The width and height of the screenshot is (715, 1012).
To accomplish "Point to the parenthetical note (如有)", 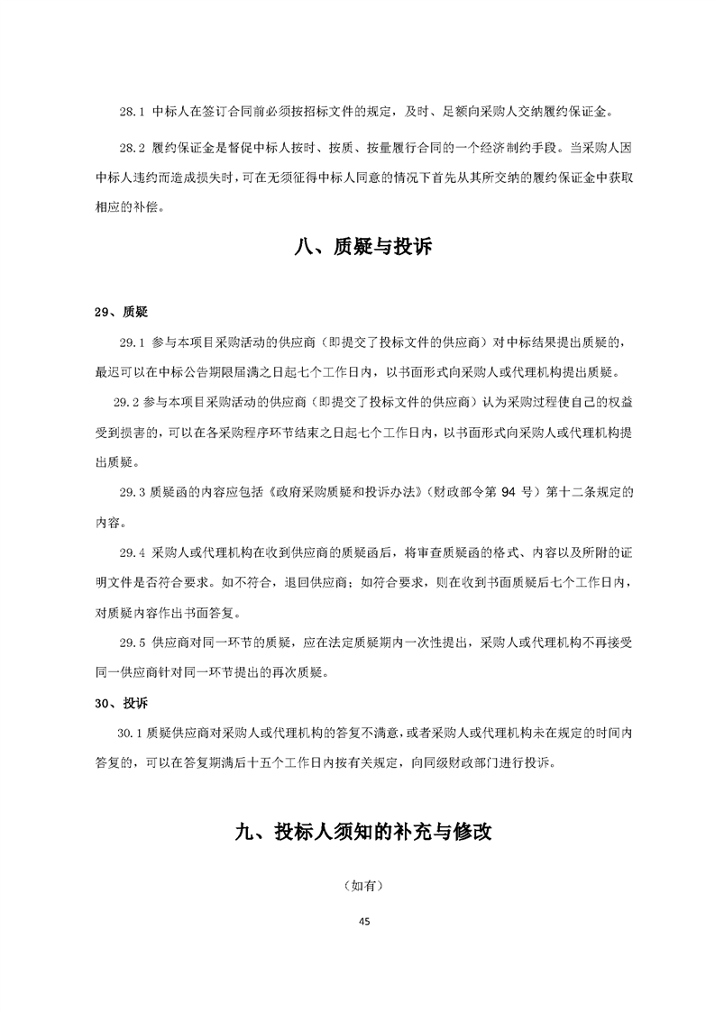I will pos(363,887).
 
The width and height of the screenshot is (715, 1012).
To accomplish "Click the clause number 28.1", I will pos(132,113).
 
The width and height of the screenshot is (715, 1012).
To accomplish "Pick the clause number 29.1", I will pos(132,343).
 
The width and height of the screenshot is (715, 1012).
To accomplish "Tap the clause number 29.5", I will pos(132,643).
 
